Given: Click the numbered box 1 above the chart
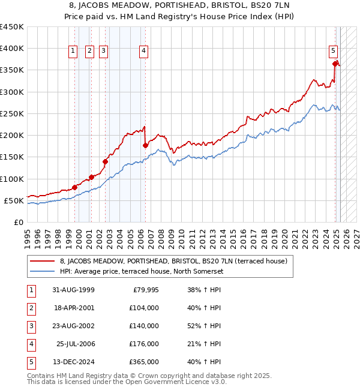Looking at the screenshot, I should tap(73, 52).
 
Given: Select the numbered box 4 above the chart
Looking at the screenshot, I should tap(144, 52).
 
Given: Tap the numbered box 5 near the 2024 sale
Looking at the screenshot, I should tap(333, 52).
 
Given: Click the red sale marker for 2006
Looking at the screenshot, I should tap(145, 145).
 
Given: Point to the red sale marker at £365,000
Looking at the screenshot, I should tap(335, 63).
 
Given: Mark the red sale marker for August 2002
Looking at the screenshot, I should tap(105, 161).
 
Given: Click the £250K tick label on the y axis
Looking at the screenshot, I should tap(12, 113).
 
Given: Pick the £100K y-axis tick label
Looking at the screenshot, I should tap(12, 179).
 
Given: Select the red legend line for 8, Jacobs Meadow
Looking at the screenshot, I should tap(41, 261).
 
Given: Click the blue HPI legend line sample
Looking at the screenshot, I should tap(41, 271).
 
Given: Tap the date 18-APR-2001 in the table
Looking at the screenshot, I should tap(73, 308).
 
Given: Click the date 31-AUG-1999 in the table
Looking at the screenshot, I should tap(73, 290).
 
